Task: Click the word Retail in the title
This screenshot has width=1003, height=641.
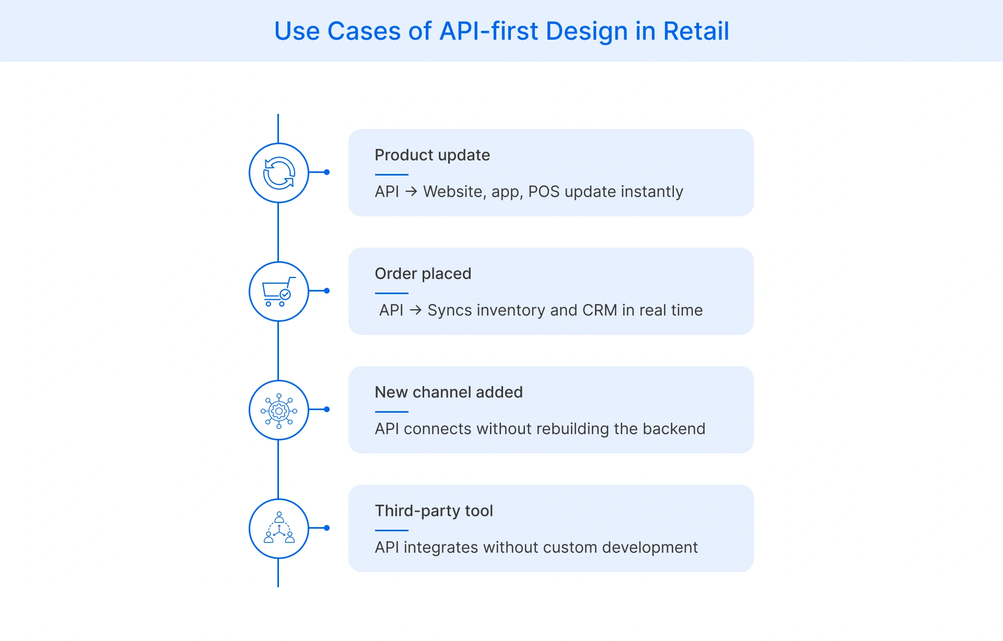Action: click(x=696, y=31)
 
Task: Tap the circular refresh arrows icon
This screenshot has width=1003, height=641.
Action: click(x=279, y=173)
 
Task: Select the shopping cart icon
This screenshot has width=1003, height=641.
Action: click(x=279, y=292)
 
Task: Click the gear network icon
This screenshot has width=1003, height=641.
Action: click(x=279, y=411)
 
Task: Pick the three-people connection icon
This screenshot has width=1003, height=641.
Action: click(x=279, y=529)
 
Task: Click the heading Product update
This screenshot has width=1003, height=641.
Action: click(x=432, y=155)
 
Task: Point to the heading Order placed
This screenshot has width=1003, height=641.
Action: click(x=423, y=274)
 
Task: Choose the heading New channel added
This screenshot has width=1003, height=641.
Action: click(x=448, y=392)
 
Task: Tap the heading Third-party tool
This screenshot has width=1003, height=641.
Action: click(x=434, y=511)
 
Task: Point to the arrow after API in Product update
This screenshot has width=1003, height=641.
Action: click(x=411, y=192)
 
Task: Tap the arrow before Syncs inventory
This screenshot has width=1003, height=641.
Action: click(x=415, y=310)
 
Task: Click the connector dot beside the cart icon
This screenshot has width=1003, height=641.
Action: click(x=326, y=291)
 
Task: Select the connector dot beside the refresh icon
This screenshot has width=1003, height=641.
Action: click(x=326, y=172)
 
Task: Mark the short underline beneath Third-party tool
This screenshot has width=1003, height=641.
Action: click(x=391, y=530)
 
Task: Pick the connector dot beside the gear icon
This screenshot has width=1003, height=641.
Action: click(x=326, y=410)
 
